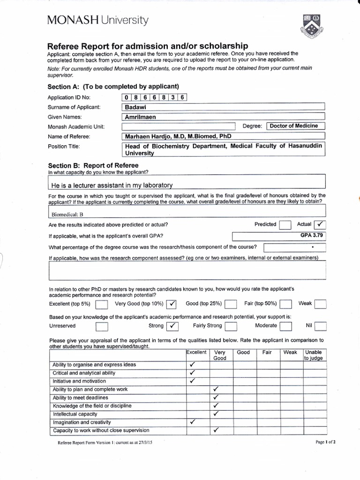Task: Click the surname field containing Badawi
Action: pyautogui.click(x=223, y=107)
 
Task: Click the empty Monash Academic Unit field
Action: pyautogui.click(x=178, y=127)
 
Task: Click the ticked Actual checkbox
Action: pyautogui.click(x=321, y=225)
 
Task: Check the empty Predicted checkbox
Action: pyautogui.click(x=285, y=225)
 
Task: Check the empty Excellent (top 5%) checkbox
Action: pyautogui.click(x=101, y=305)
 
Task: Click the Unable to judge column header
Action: pyautogui.click(x=313, y=355)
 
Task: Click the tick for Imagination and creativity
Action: pyautogui.click(x=192, y=422)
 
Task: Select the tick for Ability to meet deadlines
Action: pyautogui.click(x=216, y=397)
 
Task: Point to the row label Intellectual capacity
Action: pyautogui.click(x=75, y=414)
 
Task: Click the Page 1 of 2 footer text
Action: pyautogui.click(x=326, y=442)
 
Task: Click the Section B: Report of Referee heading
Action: pyautogui.click(x=93, y=165)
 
